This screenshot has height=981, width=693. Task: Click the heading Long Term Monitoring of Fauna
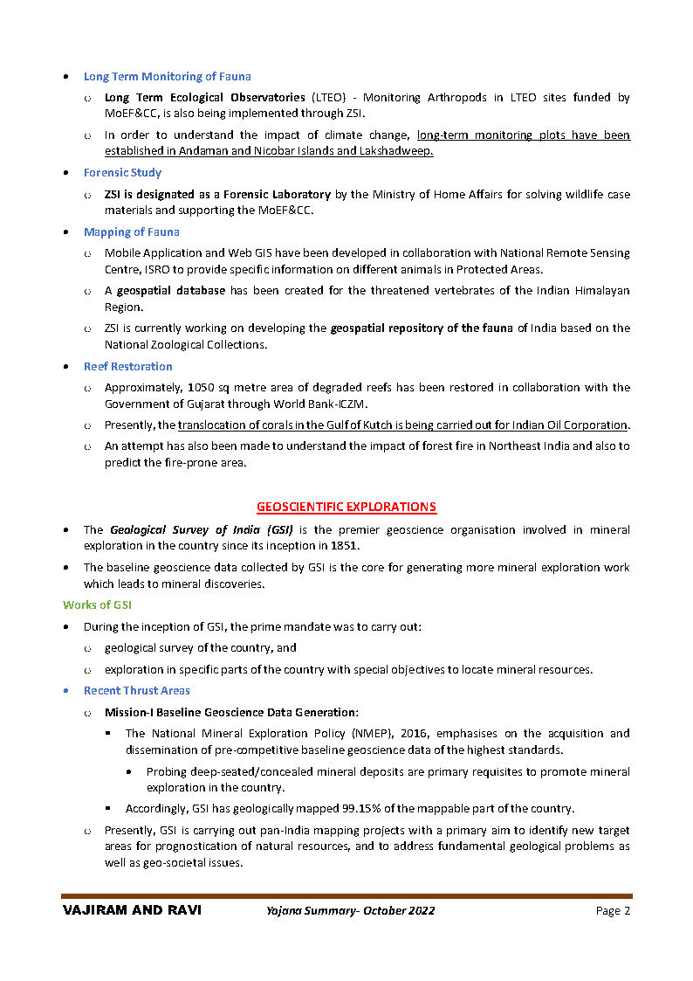[167, 77]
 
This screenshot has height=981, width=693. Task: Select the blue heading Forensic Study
[122, 173]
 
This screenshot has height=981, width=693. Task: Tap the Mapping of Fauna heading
[131, 232]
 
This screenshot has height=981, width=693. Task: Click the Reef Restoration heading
[127, 367]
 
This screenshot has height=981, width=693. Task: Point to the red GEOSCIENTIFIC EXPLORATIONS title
[346, 508]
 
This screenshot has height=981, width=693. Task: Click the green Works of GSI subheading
[97, 605]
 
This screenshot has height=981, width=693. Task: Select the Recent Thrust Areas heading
[136, 691]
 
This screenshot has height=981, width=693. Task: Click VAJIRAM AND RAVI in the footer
[132, 910]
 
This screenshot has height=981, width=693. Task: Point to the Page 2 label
[613, 911]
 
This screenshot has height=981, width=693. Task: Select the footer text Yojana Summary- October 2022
[351, 911]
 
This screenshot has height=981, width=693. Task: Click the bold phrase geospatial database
[171, 291]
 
